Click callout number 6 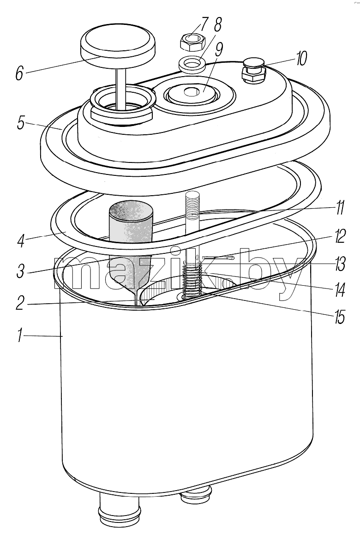click(x=19, y=72)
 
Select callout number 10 click(x=300, y=59)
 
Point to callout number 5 click(x=21, y=123)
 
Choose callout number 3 click(x=21, y=270)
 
